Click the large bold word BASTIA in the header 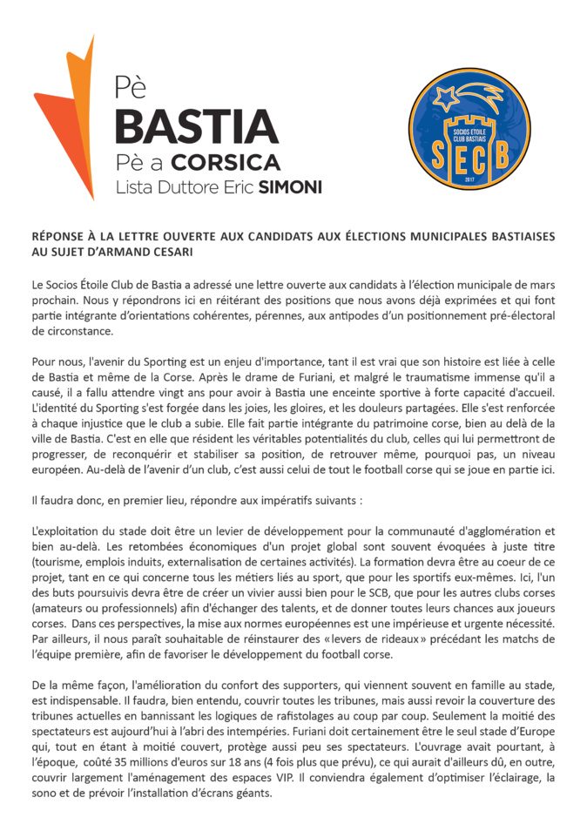(196, 126)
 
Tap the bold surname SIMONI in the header (290, 187)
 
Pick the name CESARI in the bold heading (168, 253)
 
